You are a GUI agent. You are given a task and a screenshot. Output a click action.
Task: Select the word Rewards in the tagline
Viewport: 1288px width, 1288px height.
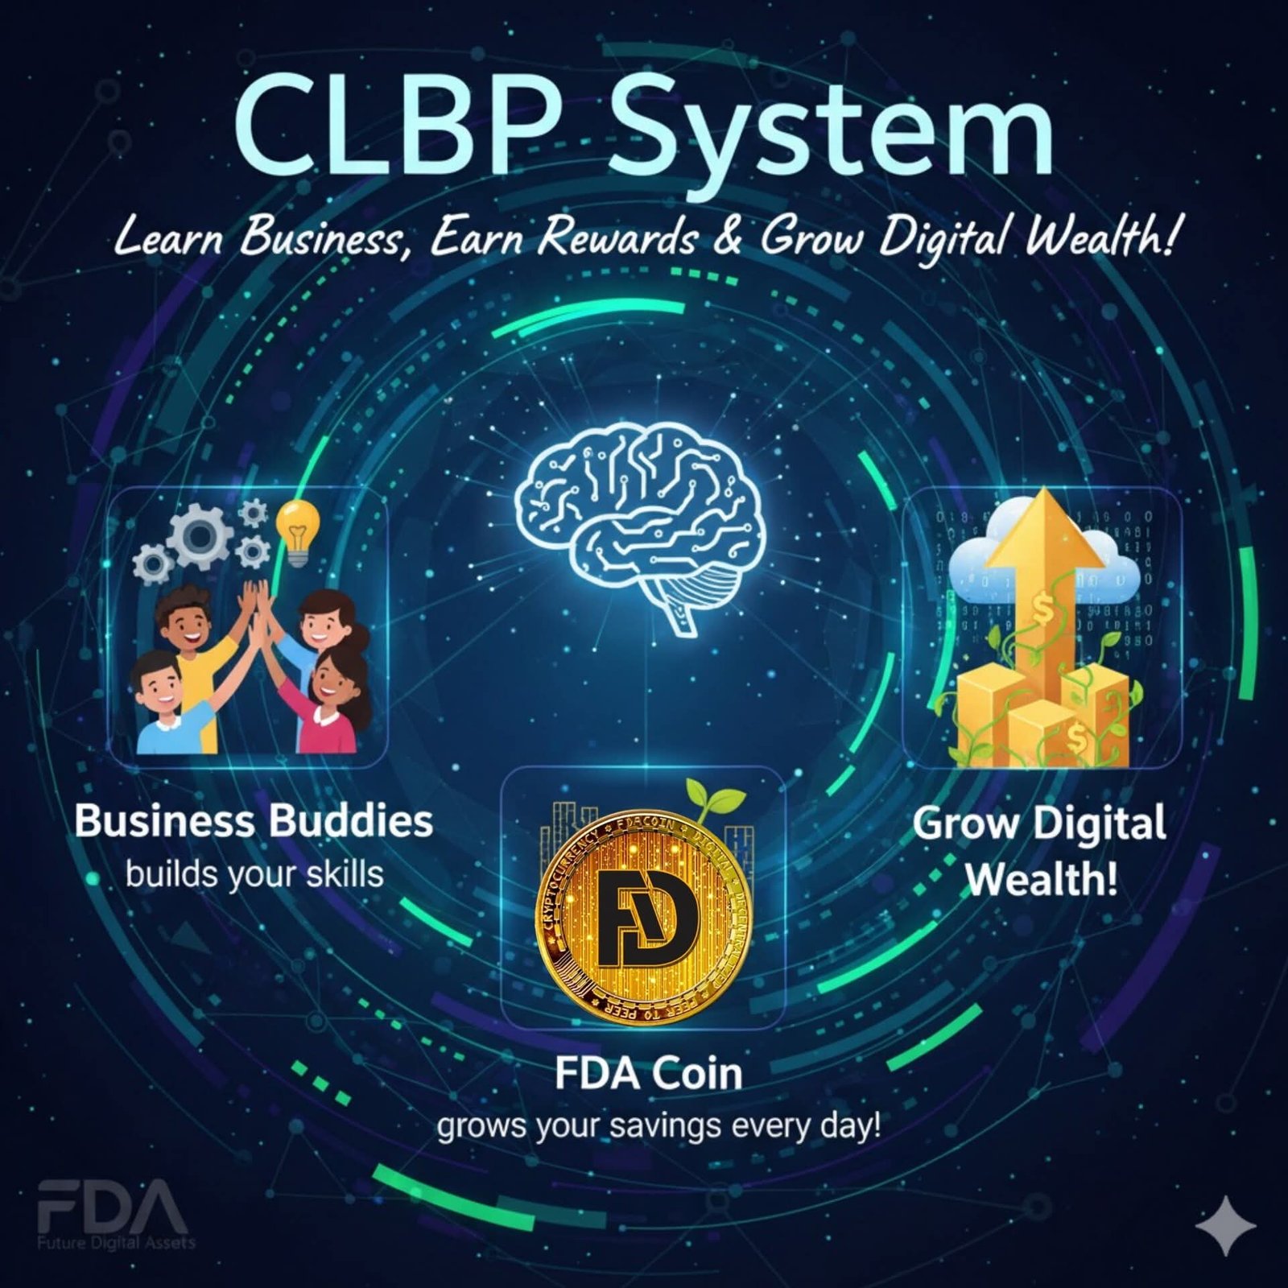click(x=617, y=237)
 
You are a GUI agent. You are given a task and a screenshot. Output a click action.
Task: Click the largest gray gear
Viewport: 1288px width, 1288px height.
click(x=200, y=535)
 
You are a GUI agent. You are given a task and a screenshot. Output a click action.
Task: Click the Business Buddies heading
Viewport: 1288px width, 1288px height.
click(x=254, y=821)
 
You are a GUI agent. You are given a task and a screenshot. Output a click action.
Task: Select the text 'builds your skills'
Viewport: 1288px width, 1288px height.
click(x=254, y=874)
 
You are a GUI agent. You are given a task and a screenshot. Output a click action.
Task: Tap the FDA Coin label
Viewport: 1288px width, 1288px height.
click(x=648, y=1073)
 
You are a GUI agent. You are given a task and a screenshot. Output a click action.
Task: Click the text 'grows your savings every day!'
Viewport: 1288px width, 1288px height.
click(x=658, y=1125)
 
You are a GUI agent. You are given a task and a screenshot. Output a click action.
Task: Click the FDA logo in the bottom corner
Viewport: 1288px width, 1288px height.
click(x=113, y=1210)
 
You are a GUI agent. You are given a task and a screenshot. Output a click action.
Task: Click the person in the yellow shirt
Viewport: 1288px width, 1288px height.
click(x=193, y=644)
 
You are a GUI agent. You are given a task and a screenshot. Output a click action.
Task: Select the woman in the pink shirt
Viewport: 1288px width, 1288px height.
click(x=330, y=700)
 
